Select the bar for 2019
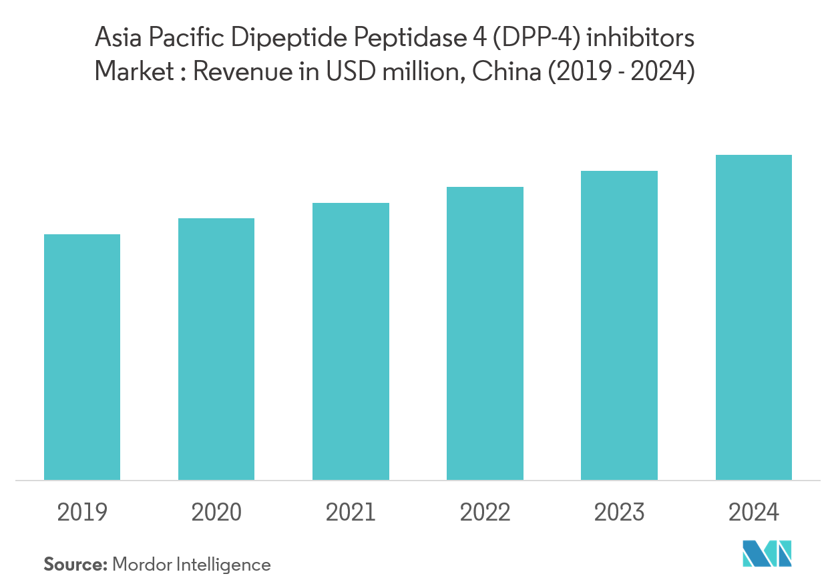pyautogui.click(x=82, y=357)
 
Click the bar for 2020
pyautogui.click(x=216, y=349)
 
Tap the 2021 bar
pyautogui.click(x=351, y=341)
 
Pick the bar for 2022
pyautogui.click(x=485, y=333)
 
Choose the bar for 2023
pyautogui.click(x=619, y=325)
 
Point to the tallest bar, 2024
pyautogui.click(x=753, y=317)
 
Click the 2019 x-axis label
pyautogui.click(x=82, y=513)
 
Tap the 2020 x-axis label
pyautogui.click(x=216, y=513)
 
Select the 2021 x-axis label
pyautogui.click(x=351, y=513)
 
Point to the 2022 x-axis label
pyautogui.click(x=485, y=513)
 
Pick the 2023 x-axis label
pyautogui.click(x=619, y=513)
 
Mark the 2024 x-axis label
pyautogui.click(x=753, y=513)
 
